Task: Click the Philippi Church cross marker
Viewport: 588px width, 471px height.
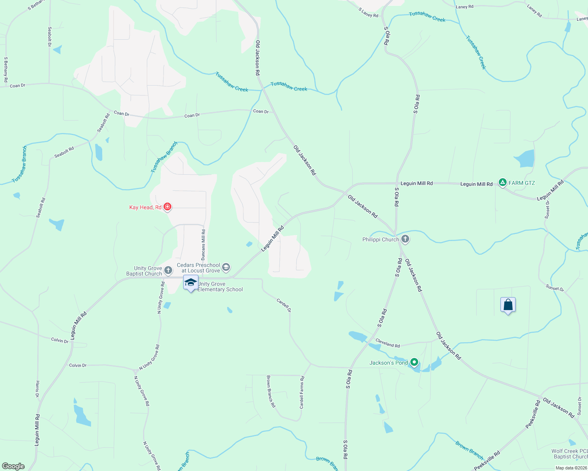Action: (x=405, y=239)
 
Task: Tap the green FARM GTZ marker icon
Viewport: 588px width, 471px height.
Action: (x=502, y=183)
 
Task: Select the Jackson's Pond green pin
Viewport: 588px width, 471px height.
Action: (x=414, y=362)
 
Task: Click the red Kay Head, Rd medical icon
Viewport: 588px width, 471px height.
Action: (x=167, y=206)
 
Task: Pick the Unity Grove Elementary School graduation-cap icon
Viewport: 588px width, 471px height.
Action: (x=191, y=282)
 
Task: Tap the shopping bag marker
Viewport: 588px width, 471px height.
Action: (x=508, y=305)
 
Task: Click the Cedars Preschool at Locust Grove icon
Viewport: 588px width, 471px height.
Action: (x=226, y=267)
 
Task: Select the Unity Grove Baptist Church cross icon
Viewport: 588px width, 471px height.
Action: (x=168, y=270)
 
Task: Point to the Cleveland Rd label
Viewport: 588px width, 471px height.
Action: (x=388, y=343)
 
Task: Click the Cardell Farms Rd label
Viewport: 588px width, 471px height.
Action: (x=302, y=392)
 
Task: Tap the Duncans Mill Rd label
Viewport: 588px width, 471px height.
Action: (x=203, y=245)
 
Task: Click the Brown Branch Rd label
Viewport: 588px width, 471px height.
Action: (x=271, y=391)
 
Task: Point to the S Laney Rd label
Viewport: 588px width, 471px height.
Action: (x=368, y=13)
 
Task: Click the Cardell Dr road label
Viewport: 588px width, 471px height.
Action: (x=284, y=305)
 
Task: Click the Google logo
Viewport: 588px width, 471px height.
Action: (x=13, y=466)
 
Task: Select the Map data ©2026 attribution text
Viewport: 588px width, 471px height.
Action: (x=571, y=468)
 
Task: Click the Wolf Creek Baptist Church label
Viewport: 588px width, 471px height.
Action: (x=570, y=454)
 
